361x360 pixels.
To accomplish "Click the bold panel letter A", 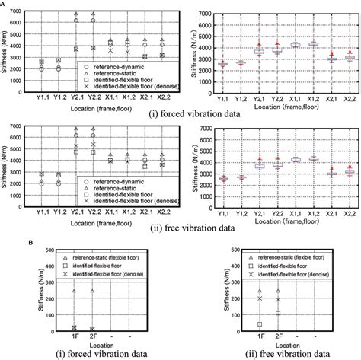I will click(x=4, y=4).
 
